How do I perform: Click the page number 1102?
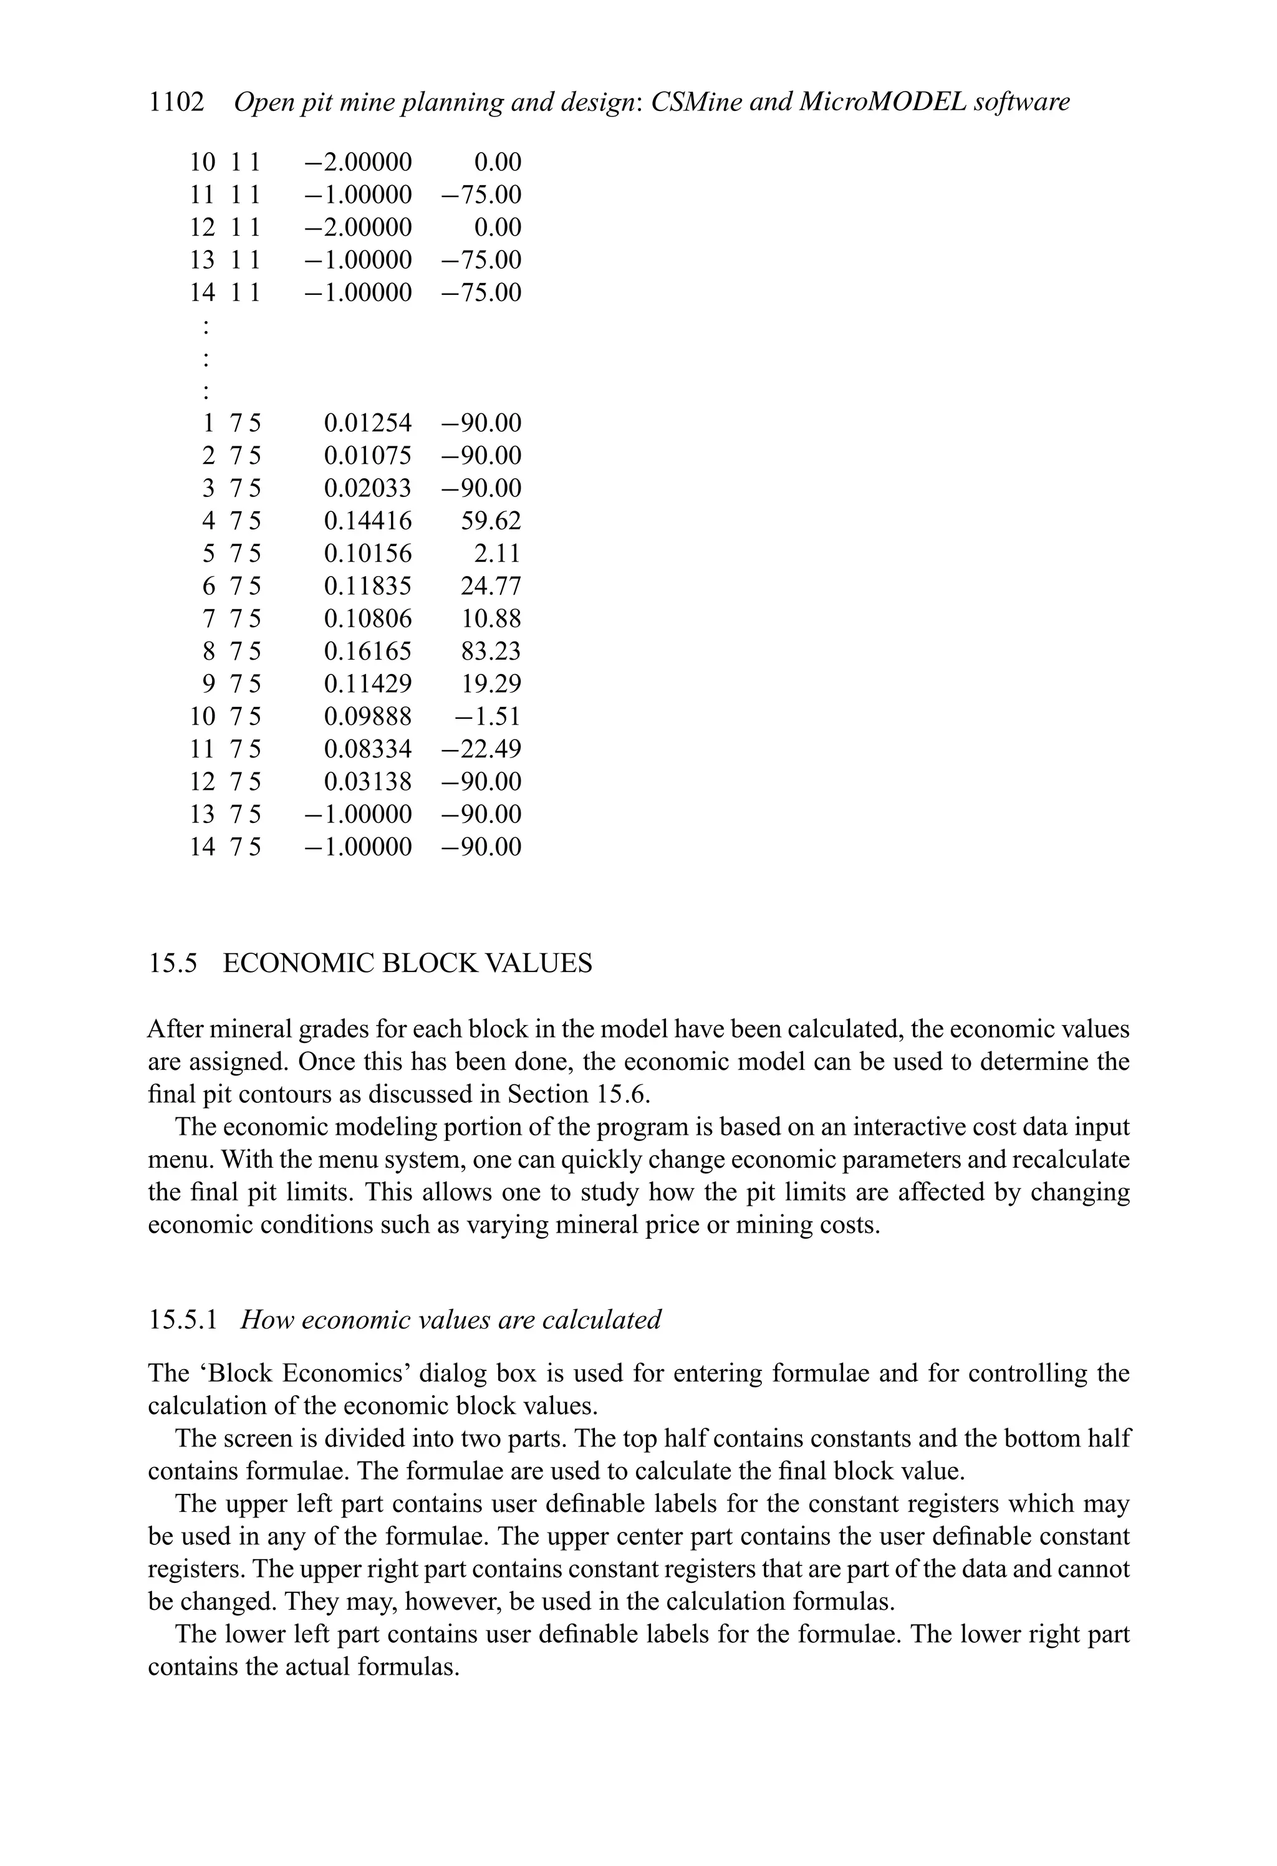coord(176,103)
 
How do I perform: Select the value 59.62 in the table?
coord(491,521)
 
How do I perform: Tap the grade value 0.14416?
coord(368,521)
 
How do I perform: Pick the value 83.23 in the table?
coord(491,651)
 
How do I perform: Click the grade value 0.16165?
coord(368,651)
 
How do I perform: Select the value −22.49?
coord(482,749)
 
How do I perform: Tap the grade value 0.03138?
coord(368,781)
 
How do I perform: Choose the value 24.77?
coord(491,586)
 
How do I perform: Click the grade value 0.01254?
coord(368,423)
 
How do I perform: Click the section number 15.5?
coord(173,963)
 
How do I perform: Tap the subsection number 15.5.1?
coord(183,1319)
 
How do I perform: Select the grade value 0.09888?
coord(368,716)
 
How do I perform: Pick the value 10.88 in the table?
coord(491,618)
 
